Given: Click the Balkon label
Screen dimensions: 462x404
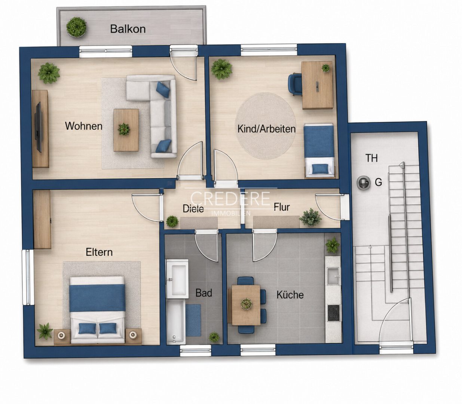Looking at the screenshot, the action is coord(128,29).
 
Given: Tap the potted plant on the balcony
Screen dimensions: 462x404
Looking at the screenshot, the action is coord(76,27).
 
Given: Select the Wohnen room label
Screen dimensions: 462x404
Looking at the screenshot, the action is coord(84,126).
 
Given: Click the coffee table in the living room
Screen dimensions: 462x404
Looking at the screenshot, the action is coord(126,130).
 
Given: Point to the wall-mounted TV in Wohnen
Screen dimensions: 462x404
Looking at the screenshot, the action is coord(38,127).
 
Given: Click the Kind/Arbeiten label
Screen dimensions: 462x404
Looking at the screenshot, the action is coord(266,129).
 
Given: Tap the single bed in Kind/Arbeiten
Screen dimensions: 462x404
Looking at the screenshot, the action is coord(319,150).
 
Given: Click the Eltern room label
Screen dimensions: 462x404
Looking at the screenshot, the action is coord(99,252).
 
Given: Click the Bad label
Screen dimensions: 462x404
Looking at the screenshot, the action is coord(204,293).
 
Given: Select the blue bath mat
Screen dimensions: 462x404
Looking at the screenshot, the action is coord(193,320).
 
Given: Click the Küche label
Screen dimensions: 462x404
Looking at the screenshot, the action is coord(290,295).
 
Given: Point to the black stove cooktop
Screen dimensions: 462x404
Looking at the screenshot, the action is coord(334,313).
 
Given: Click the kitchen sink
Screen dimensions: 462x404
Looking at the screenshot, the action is coord(333,276).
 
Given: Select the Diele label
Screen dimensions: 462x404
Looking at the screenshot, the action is coord(193,208).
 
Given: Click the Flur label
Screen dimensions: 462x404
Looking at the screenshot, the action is coord(282,207).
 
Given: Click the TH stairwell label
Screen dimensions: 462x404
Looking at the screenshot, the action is coord(371,158).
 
